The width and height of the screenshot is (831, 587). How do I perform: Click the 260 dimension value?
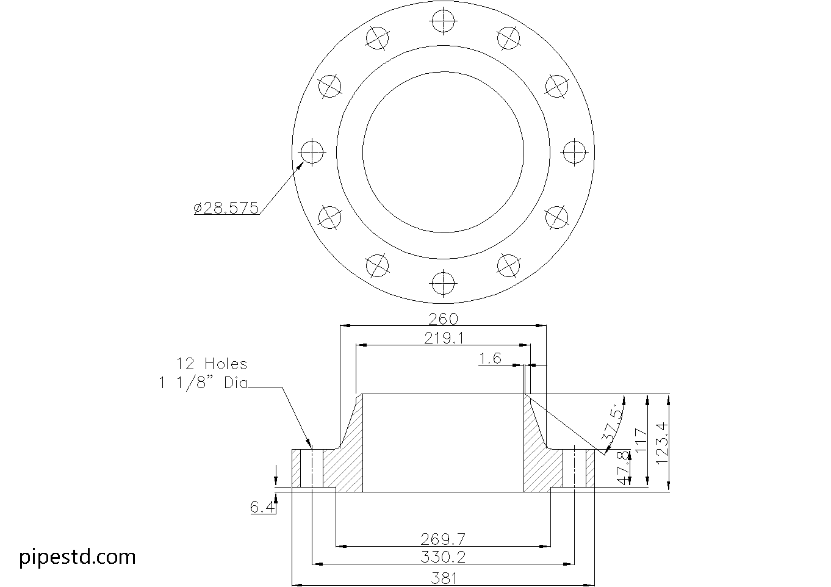[443, 319]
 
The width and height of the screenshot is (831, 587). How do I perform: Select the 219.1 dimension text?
[444, 338]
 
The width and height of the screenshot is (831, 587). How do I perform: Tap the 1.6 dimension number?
[490, 358]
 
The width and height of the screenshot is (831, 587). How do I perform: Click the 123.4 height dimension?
[662, 444]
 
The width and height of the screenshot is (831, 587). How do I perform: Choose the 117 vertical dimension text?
[641, 440]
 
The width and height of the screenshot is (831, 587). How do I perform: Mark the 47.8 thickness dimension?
[624, 468]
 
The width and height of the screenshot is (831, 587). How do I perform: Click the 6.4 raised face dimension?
[262, 507]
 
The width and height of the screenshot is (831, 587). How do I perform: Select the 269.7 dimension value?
[443, 539]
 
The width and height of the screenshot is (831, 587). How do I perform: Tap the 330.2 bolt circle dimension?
[443, 557]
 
